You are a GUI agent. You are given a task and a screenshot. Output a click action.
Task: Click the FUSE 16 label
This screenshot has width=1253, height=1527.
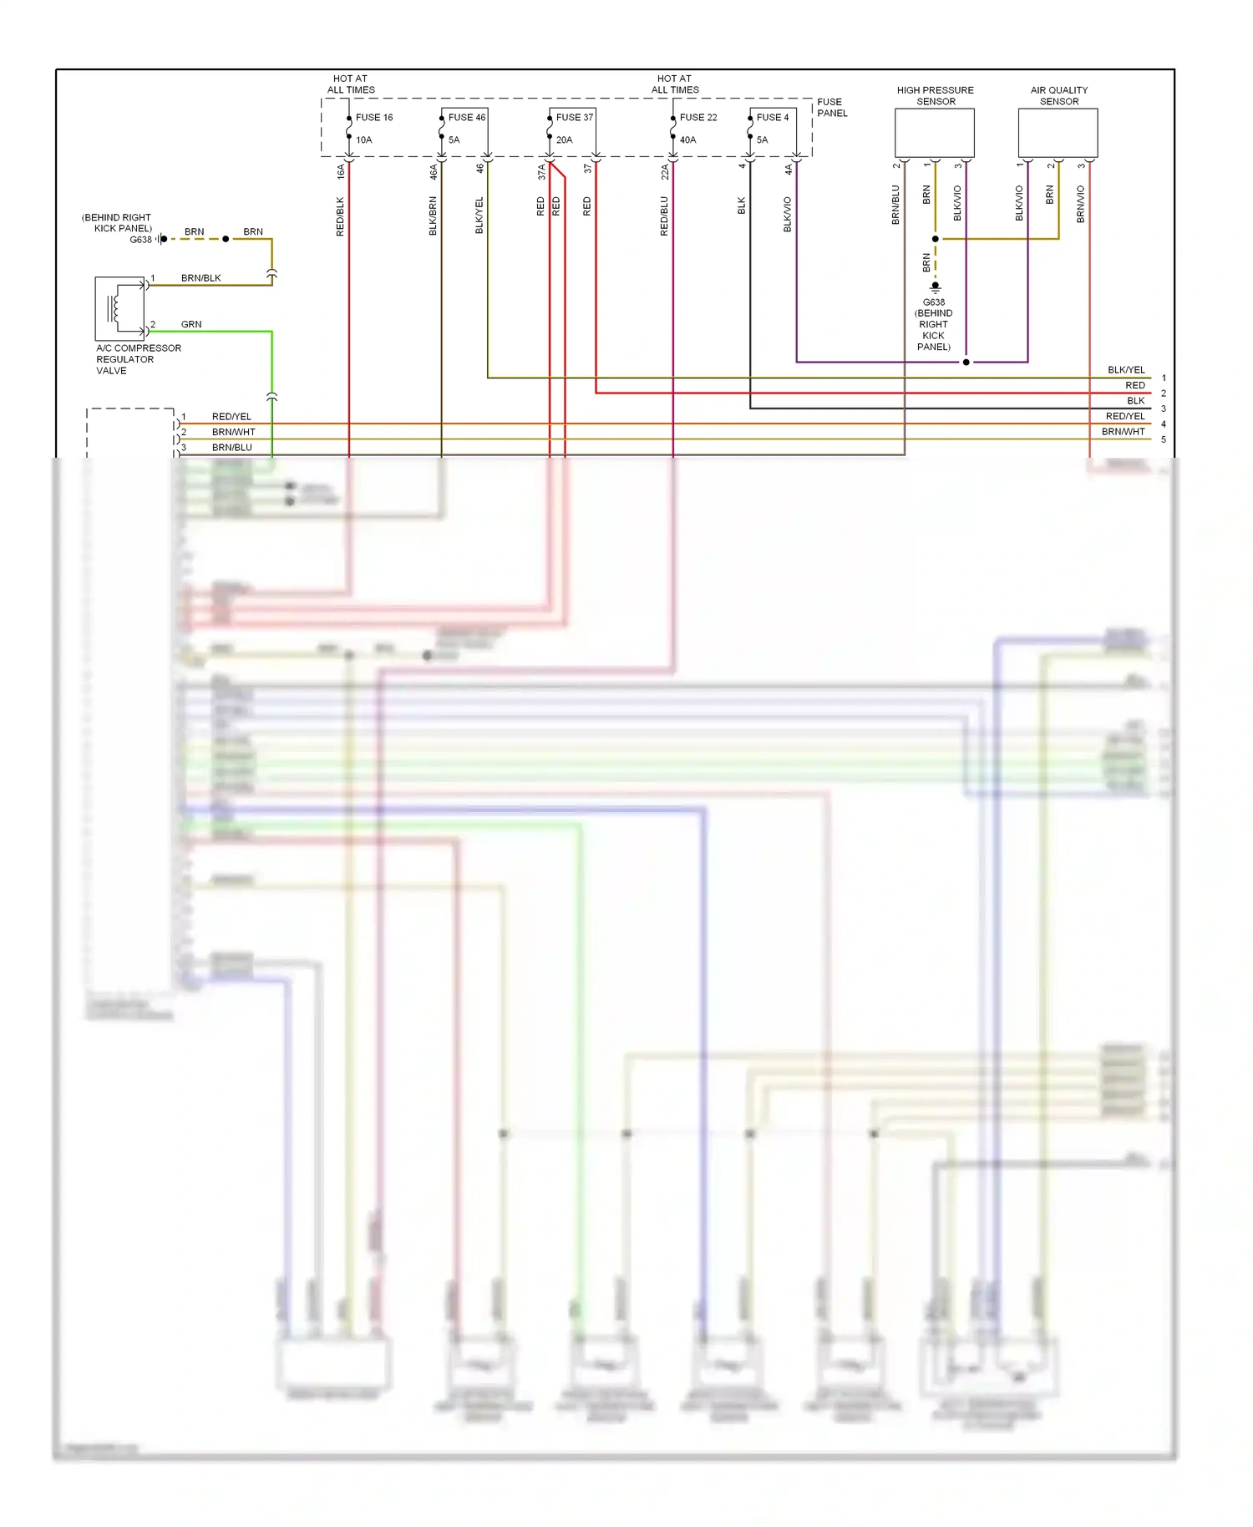373,118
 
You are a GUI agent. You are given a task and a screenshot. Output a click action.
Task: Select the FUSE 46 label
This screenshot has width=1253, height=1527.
466,118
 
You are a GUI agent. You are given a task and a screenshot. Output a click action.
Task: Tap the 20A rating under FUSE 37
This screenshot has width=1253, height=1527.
564,140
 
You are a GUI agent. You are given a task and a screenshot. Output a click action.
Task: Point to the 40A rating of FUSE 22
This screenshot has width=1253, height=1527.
687,140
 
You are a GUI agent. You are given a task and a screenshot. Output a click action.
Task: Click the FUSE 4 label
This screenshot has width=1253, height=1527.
772,118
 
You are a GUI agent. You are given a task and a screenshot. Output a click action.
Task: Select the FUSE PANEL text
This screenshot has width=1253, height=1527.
831,108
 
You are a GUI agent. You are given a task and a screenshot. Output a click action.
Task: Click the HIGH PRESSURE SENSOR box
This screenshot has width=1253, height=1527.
934,133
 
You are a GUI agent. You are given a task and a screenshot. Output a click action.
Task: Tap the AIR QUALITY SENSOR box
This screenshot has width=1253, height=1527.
1058,133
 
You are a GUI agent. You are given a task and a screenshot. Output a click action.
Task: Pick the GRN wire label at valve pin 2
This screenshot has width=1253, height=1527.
191,324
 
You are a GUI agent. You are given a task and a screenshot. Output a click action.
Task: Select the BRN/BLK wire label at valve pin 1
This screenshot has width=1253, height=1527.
200,278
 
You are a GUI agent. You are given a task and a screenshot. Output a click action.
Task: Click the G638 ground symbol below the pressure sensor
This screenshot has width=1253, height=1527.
935,287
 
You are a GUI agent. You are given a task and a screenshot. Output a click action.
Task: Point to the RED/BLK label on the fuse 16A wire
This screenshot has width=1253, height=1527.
340,216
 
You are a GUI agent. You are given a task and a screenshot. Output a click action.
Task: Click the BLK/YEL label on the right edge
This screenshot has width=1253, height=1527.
1125,370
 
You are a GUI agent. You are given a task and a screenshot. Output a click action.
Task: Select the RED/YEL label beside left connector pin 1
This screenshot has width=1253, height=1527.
231,417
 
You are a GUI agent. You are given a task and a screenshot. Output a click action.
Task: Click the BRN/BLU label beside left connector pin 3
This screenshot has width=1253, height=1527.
231,448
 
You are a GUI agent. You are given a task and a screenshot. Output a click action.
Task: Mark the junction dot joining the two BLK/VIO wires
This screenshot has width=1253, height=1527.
966,363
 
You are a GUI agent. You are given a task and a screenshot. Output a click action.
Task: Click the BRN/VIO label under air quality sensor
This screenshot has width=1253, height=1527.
1080,204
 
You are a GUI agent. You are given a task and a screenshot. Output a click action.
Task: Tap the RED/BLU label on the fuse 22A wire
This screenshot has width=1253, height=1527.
664,216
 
